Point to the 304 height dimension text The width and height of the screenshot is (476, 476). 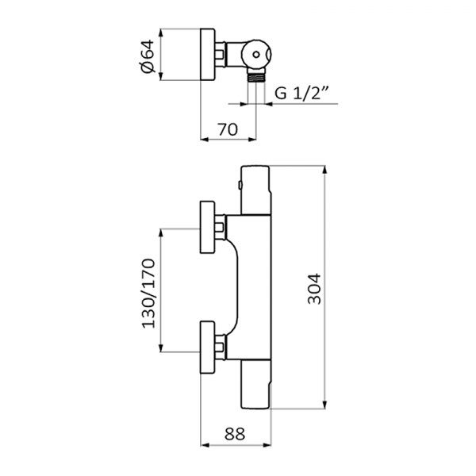313,288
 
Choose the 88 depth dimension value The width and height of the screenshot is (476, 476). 233,434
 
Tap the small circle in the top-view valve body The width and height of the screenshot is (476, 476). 259,55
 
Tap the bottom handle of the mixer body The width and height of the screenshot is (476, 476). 255,389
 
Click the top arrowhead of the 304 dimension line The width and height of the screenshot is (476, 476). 326,171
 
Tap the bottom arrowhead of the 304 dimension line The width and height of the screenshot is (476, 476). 326,404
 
